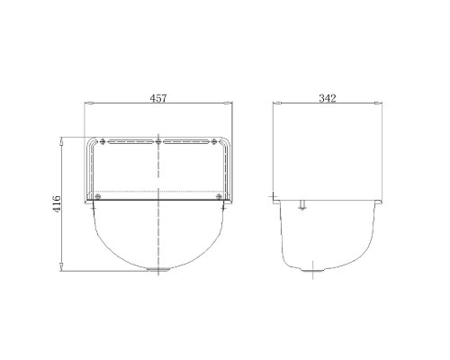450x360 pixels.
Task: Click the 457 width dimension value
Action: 158,98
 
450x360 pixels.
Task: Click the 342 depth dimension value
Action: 328,98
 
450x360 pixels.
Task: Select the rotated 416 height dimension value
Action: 57,203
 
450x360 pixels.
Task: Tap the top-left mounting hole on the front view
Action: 103,141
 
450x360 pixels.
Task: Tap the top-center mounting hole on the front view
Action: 158,141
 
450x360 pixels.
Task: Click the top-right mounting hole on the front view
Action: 214,141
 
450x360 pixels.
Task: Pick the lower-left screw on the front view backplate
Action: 97,196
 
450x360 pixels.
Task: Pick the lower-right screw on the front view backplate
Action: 220,196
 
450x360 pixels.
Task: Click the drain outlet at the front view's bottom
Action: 158,269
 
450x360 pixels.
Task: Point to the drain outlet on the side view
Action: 312,270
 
